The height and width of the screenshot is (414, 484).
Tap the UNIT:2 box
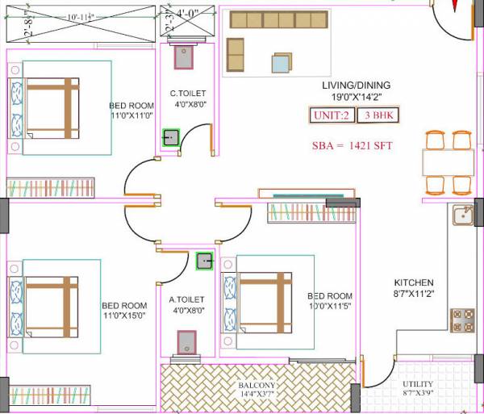(331, 115)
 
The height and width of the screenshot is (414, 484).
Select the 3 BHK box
(378, 115)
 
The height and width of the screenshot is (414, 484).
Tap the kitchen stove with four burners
(463, 320)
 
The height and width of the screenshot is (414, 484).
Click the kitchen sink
(463, 215)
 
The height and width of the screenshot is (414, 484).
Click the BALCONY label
(257, 386)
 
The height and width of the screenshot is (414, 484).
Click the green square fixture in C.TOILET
(171, 137)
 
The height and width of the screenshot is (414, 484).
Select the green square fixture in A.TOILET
(205, 261)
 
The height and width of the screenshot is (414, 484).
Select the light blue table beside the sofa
(282, 63)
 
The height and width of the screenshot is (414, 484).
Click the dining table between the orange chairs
(448, 162)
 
